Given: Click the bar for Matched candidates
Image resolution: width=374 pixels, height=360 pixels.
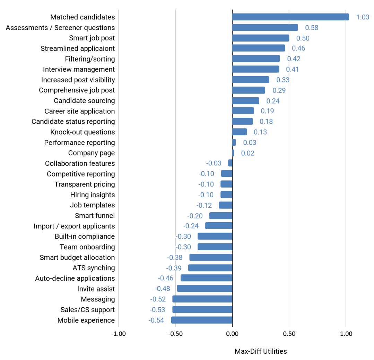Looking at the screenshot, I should [x=290, y=17].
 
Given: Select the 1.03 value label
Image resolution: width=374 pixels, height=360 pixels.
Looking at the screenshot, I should [x=363, y=17].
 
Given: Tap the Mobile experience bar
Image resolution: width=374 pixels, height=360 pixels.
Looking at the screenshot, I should [x=202, y=320].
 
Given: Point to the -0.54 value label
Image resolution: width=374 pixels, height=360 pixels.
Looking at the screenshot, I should [x=156, y=320].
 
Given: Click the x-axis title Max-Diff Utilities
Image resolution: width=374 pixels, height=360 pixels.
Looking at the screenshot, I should [x=261, y=351].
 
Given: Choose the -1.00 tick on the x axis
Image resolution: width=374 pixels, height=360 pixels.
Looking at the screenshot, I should [x=119, y=334].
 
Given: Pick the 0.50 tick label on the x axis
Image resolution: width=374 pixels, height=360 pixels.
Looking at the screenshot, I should [x=289, y=334].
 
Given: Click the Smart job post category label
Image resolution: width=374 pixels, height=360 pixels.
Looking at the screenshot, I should [x=92, y=38].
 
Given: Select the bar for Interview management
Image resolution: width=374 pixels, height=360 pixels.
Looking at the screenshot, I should [x=256, y=69].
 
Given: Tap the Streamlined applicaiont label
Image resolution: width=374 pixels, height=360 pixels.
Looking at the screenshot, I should [x=78, y=48].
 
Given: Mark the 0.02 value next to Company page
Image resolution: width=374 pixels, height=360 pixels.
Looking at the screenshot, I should [x=247, y=153].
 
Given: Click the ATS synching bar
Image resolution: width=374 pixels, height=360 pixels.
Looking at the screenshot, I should [x=210, y=268].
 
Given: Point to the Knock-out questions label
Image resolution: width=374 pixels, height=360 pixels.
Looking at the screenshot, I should [x=82, y=132].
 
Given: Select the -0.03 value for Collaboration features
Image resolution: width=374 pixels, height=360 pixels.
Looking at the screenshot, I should [x=214, y=163].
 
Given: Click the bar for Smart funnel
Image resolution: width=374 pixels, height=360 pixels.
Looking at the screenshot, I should [x=221, y=216].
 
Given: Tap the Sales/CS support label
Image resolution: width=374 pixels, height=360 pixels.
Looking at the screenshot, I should [x=87, y=310].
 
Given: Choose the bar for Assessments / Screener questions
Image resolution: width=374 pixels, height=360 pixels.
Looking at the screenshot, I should [x=265, y=27].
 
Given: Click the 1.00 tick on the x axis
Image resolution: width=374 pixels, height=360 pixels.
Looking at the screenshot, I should [x=346, y=334].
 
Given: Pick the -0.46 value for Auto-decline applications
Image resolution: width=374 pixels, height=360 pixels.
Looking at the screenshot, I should [x=165, y=278].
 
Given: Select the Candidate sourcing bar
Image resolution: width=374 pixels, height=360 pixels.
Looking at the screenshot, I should [x=246, y=101].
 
